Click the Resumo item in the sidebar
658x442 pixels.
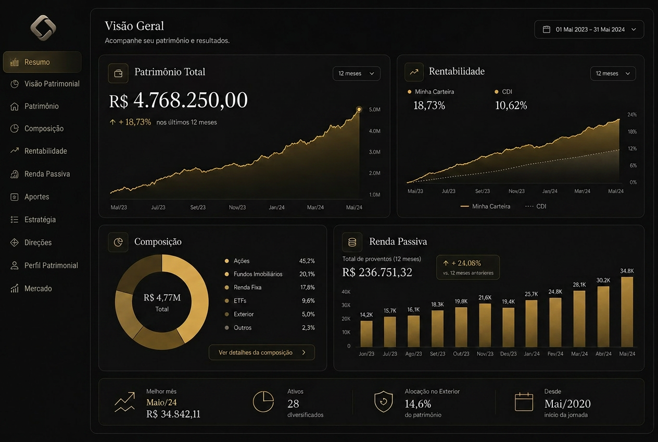pyautogui.click(x=42, y=62)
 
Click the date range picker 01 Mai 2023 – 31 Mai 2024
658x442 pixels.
pyautogui.click(x=589, y=29)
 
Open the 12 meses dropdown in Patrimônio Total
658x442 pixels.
pyautogui.click(x=356, y=73)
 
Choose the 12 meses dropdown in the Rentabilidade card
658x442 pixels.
pyautogui.click(x=613, y=73)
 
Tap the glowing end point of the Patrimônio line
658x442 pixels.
pyautogui.click(x=359, y=109)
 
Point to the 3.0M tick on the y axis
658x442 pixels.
pyautogui.click(x=374, y=152)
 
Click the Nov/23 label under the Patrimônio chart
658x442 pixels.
pyautogui.click(x=237, y=207)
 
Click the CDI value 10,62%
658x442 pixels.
pyautogui.click(x=511, y=105)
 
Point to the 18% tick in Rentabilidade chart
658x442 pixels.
pyautogui.click(x=632, y=132)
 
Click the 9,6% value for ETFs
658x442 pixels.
pyautogui.click(x=308, y=301)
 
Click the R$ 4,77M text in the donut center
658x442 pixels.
pyautogui.click(x=162, y=298)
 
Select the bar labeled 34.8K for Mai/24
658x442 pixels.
pyautogui.click(x=627, y=312)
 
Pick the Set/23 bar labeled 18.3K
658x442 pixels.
pyautogui.click(x=437, y=329)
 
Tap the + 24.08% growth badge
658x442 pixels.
pyautogui.click(x=468, y=267)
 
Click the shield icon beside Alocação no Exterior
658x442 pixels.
pyautogui.click(x=383, y=402)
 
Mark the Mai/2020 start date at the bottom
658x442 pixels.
pyautogui.click(x=567, y=404)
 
